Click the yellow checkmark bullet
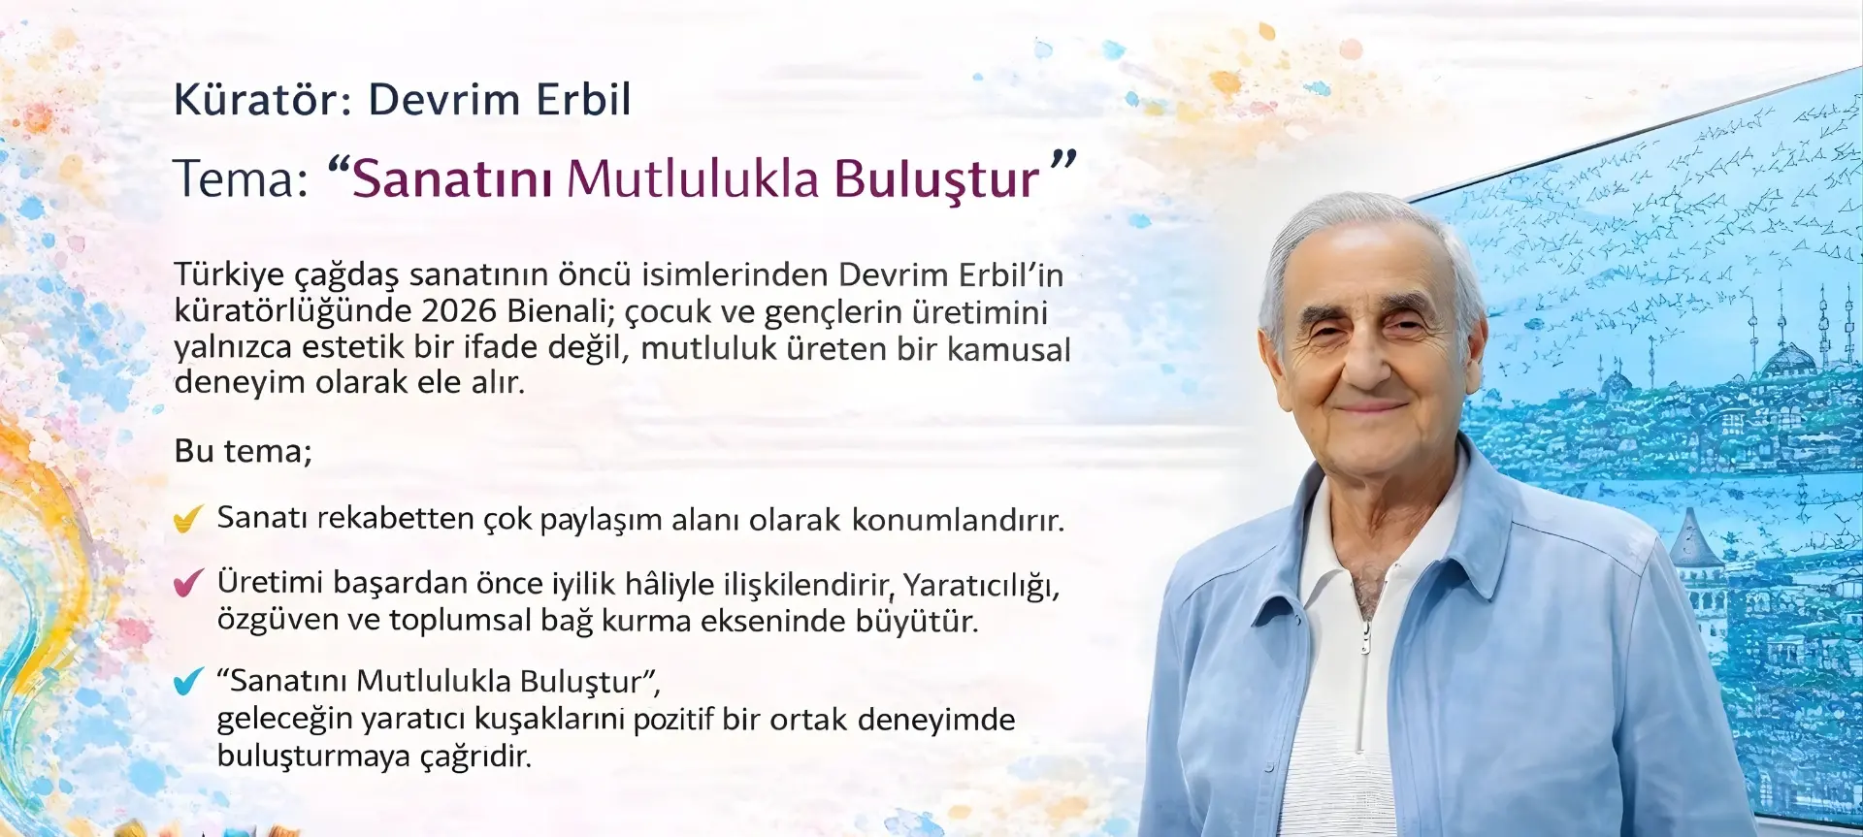pyautogui.click(x=188, y=519)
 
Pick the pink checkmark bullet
pyautogui.click(x=188, y=582)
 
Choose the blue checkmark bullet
pyautogui.click(x=188, y=681)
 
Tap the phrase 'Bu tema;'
pyautogui.click(x=243, y=452)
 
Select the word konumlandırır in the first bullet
pyautogui.click(x=958, y=520)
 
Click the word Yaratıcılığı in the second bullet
pyautogui.click(x=981, y=585)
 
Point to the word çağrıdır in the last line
pyautogui.click(x=475, y=757)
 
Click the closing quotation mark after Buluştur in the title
pyautogui.click(x=1063, y=161)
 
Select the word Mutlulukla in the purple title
pyautogui.click(x=694, y=179)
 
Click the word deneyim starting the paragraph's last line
pyautogui.click(x=240, y=383)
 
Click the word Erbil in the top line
pyautogui.click(x=584, y=99)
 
